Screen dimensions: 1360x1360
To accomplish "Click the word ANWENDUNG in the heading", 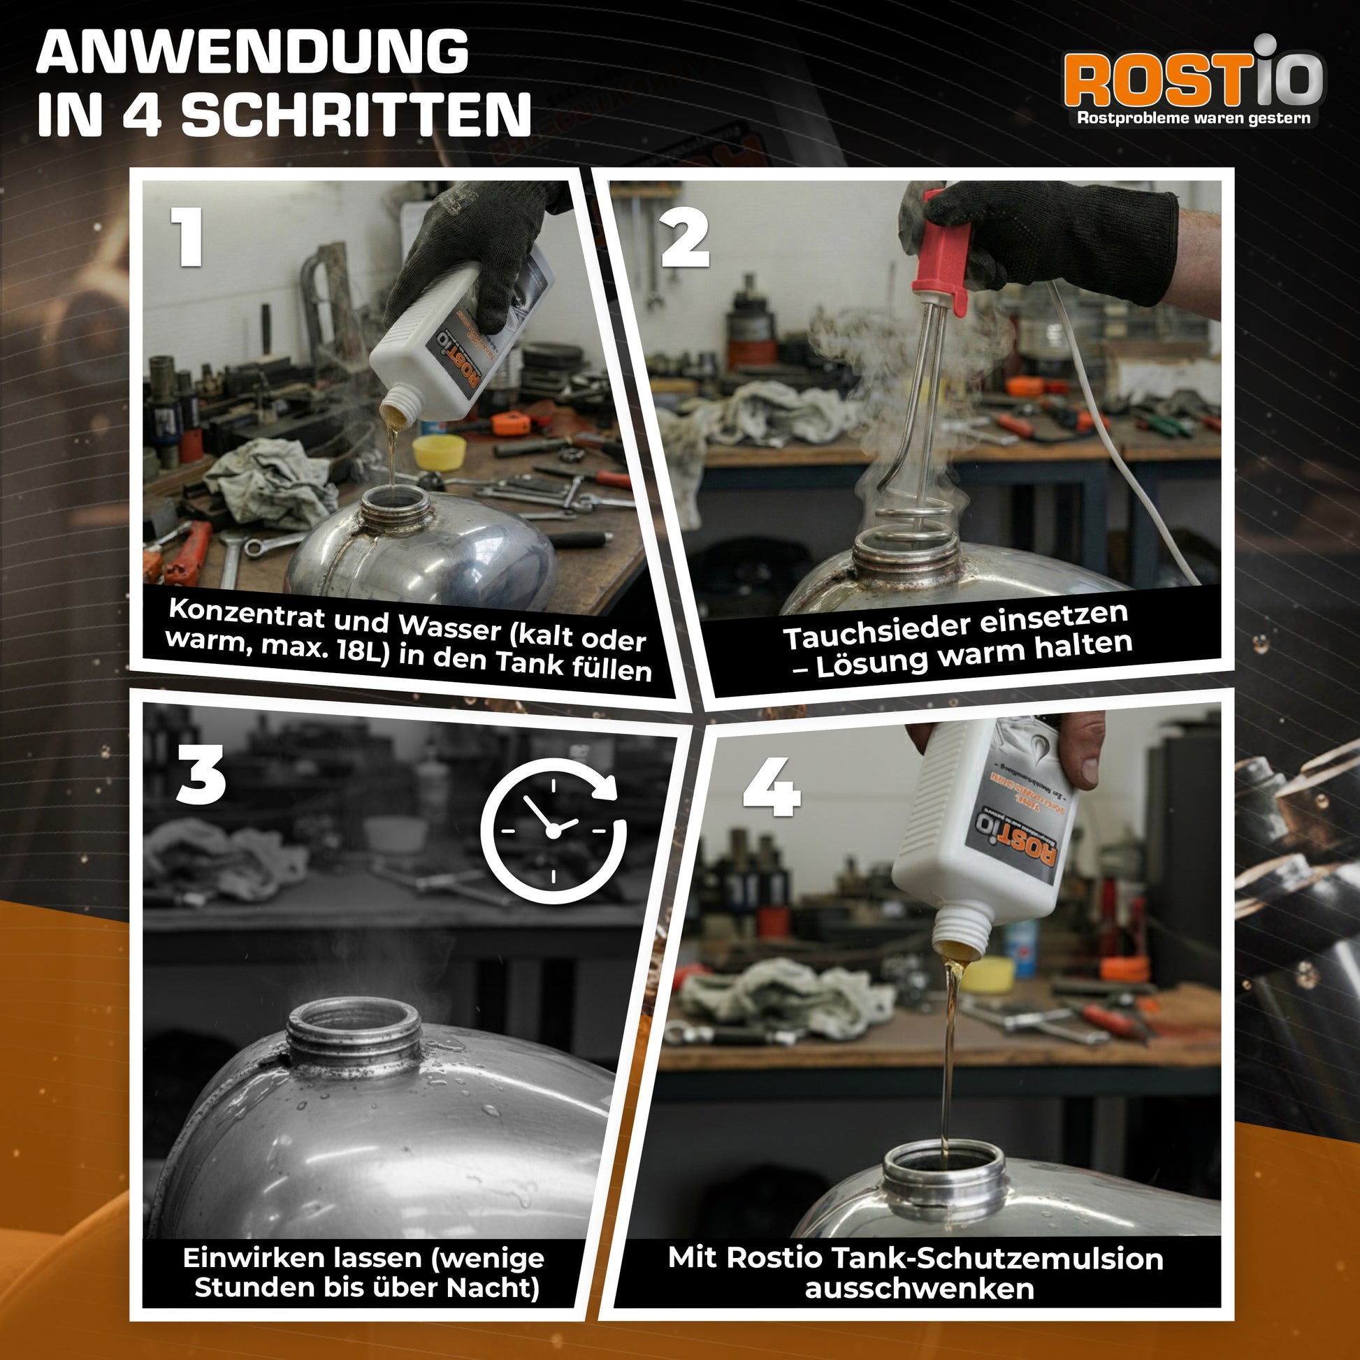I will click(x=252, y=52).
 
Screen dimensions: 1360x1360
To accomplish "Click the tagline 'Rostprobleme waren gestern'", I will click(x=1193, y=118).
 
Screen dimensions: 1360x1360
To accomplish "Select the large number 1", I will click(x=187, y=236).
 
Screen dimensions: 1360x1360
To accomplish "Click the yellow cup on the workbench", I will click(x=440, y=451).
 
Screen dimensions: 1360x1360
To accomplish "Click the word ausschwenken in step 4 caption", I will click(x=919, y=1289).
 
